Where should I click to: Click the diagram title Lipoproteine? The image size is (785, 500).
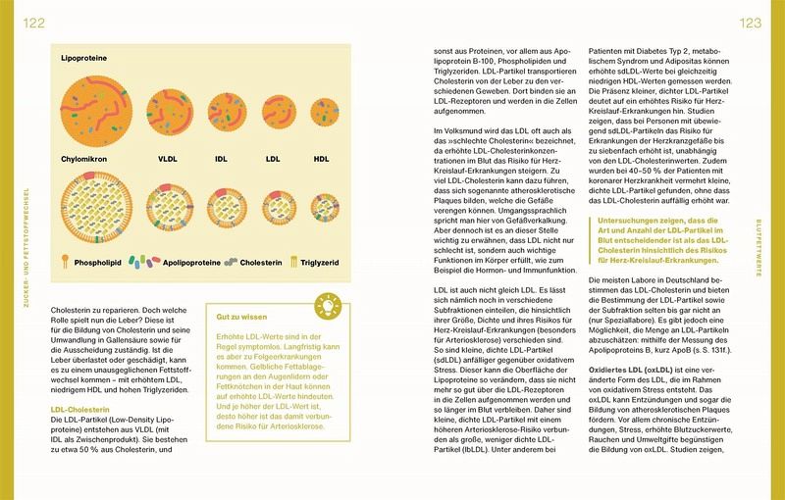[x=83, y=59]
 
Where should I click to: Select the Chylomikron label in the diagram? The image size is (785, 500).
[x=90, y=157]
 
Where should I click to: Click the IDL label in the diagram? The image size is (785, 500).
[x=223, y=157]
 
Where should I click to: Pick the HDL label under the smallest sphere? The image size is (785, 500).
[x=320, y=157]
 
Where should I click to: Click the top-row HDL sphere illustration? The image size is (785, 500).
[x=321, y=114]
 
